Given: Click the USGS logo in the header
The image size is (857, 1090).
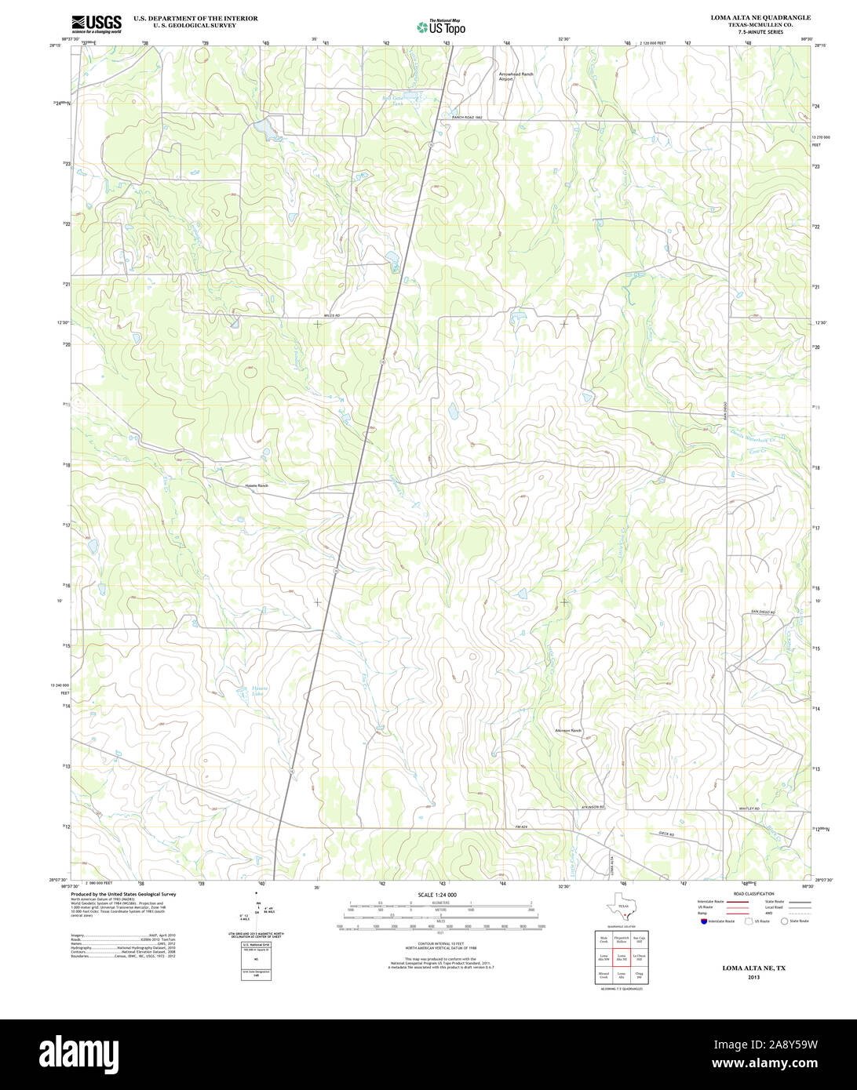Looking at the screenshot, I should pyautogui.click(x=97, y=24).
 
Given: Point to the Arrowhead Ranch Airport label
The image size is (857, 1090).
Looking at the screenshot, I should pyautogui.click(x=516, y=76).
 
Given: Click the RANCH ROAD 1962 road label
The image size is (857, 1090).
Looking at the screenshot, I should pyautogui.click(x=466, y=118).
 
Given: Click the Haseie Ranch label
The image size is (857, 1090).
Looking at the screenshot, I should pyautogui.click(x=257, y=485).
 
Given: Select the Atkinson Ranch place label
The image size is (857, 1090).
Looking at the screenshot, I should pyautogui.click(x=568, y=730).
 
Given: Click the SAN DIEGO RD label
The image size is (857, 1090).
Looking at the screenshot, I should pyautogui.click(x=761, y=612).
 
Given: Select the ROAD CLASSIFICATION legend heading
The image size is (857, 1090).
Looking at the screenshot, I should pyautogui.click(x=753, y=894).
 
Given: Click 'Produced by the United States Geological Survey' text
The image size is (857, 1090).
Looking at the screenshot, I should pyautogui.click(x=123, y=894).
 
